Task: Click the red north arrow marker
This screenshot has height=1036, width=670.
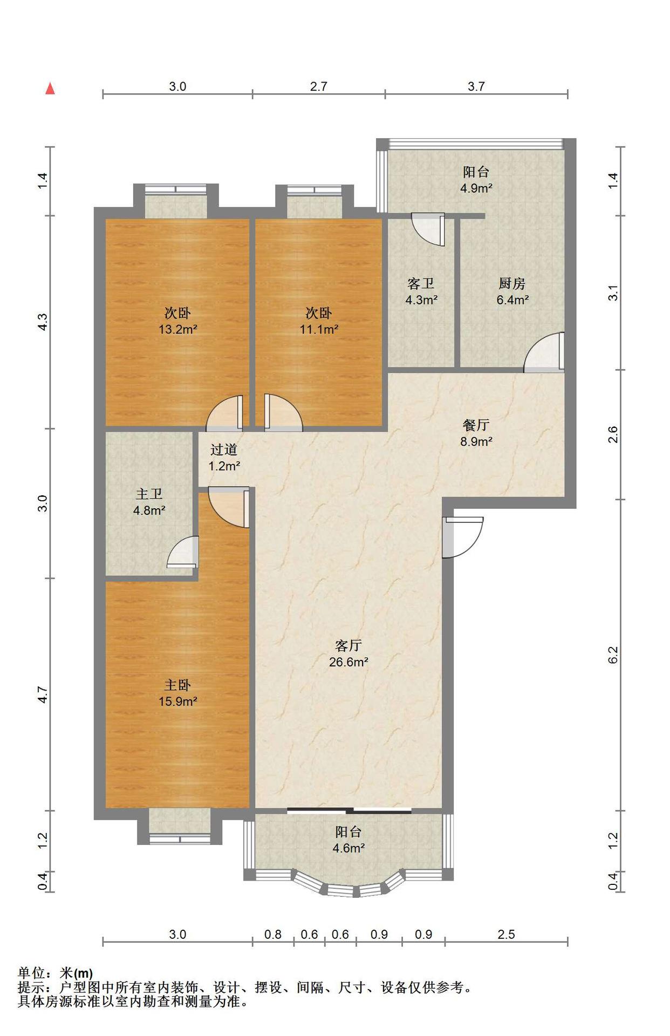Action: (50, 88)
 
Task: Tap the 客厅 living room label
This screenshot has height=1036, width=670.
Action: (348, 645)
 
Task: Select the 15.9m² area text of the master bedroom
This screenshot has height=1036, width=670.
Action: (177, 701)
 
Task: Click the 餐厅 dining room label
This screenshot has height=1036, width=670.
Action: (476, 425)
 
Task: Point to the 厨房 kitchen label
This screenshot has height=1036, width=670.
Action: (512, 283)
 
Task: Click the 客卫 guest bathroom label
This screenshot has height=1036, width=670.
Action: (421, 283)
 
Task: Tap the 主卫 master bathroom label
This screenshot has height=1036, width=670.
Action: (149, 494)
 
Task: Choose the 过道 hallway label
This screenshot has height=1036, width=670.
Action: (224, 449)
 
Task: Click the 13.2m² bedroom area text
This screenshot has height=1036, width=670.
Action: (177, 329)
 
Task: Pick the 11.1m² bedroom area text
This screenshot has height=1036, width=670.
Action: (319, 329)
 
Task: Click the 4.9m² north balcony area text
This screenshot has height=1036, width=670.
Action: (476, 188)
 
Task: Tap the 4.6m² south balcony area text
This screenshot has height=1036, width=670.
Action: (348, 848)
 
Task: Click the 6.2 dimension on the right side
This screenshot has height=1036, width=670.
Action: (613, 655)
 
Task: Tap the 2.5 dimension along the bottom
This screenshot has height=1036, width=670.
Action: (506, 934)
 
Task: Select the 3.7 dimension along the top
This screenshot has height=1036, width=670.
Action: (476, 86)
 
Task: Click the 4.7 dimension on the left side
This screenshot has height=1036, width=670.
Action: (43, 694)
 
